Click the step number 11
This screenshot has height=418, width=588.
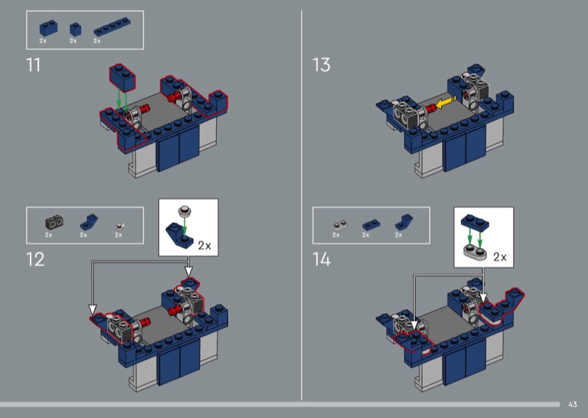(33, 65)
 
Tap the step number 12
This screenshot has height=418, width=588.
(35, 259)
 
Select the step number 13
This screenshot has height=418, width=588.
(321, 65)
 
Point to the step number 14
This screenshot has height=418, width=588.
(322, 259)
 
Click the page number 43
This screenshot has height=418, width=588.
(573, 404)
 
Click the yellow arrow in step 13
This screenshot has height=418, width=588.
(445, 102)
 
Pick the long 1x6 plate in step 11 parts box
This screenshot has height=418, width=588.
(112, 26)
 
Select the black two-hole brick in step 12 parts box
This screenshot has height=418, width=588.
(54, 222)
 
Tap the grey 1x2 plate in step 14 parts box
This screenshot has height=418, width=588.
(340, 225)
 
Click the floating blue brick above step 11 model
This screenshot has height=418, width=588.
(122, 78)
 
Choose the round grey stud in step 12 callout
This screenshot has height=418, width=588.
(184, 210)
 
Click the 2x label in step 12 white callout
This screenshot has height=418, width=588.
(204, 246)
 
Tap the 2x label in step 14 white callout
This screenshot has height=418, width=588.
(500, 257)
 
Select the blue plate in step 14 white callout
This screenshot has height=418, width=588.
(475, 222)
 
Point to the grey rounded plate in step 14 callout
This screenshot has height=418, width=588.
(475, 251)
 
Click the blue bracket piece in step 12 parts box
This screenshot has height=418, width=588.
(89, 222)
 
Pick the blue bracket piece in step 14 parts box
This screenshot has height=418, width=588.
(404, 222)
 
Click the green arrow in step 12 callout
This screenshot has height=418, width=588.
(184, 227)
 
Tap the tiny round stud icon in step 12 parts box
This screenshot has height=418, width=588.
(120, 226)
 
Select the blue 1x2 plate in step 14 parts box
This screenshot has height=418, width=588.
(371, 224)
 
